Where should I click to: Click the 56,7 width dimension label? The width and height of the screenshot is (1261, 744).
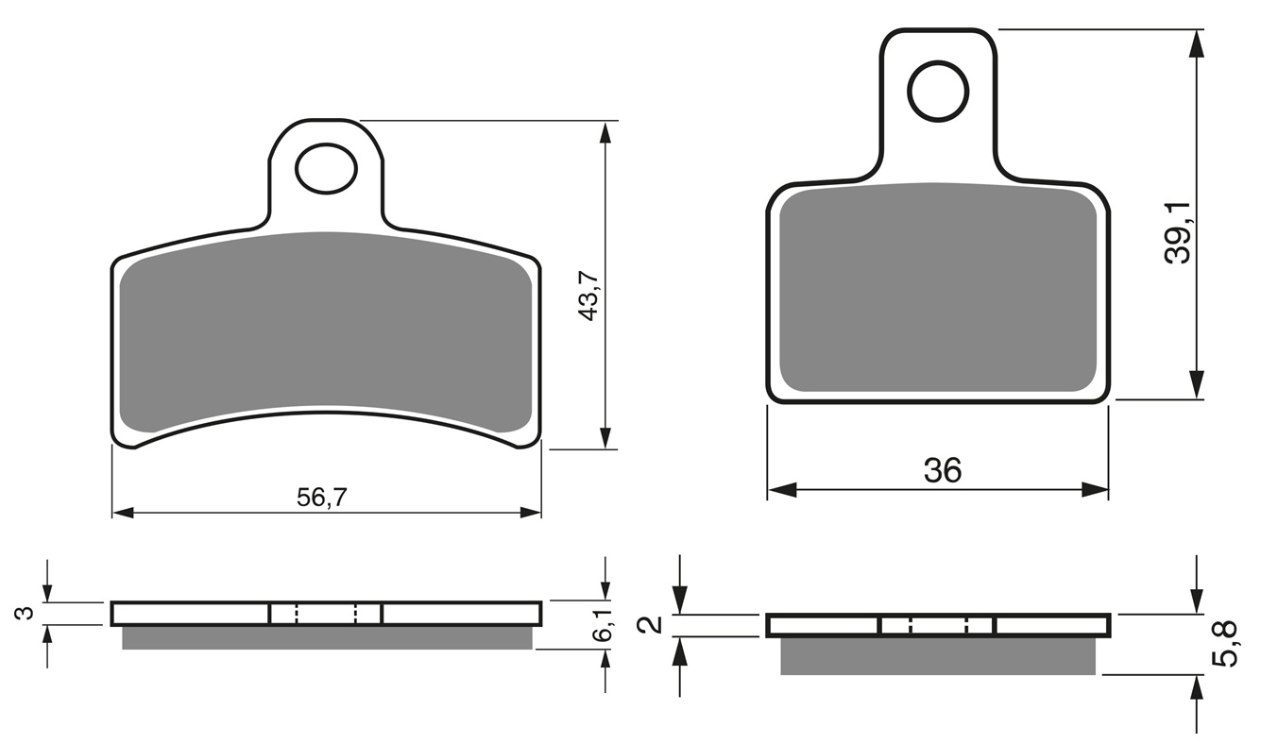click(322, 497)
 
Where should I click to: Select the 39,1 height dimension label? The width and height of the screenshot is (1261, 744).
click(1178, 232)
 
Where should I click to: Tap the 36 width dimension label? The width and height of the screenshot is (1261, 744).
click(943, 470)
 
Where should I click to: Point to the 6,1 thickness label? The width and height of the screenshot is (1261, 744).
click(602, 626)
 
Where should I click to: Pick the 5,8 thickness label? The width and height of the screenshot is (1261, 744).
click(1225, 643)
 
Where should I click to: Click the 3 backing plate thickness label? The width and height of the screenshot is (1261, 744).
click(25, 614)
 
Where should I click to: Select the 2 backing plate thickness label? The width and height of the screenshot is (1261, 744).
click(652, 625)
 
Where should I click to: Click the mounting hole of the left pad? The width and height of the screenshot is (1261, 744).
click(327, 168)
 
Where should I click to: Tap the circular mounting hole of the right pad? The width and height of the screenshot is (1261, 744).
click(938, 92)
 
